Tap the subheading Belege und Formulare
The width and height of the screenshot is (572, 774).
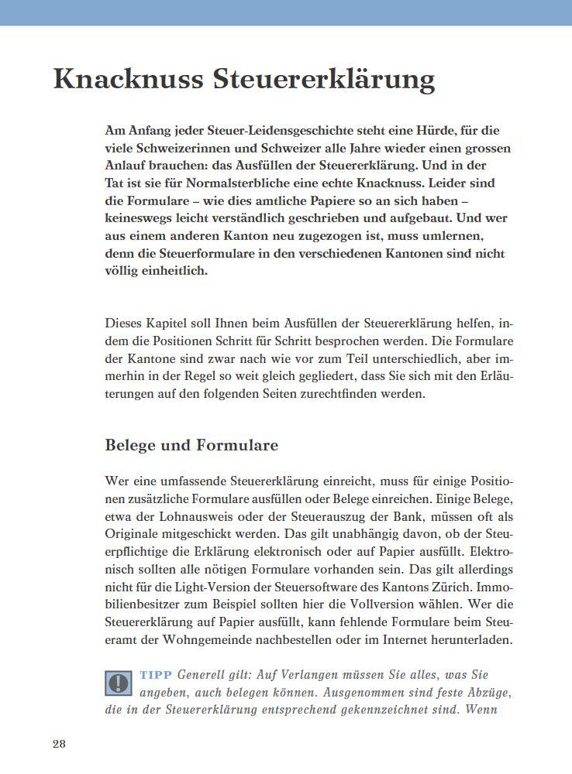(191, 446)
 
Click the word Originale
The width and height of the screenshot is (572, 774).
(134, 535)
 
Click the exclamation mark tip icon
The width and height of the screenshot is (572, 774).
(118, 683)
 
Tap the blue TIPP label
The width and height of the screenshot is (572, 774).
(156, 675)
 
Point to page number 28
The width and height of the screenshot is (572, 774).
(60, 744)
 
